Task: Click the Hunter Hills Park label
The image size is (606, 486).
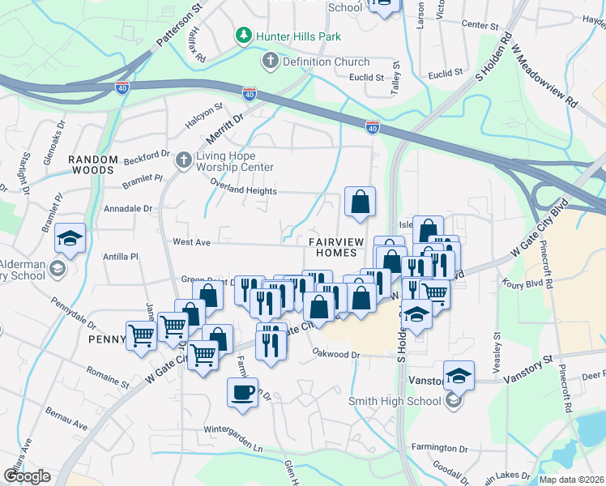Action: tap(298, 36)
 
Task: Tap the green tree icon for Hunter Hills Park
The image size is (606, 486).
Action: tap(242, 36)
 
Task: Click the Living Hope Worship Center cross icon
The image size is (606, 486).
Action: tap(184, 160)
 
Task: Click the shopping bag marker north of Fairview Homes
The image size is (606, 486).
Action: tap(360, 202)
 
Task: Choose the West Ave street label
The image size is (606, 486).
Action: tap(191, 241)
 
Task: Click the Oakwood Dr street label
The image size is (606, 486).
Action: tap(336, 354)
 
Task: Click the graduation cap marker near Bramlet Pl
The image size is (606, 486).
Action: tap(70, 238)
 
